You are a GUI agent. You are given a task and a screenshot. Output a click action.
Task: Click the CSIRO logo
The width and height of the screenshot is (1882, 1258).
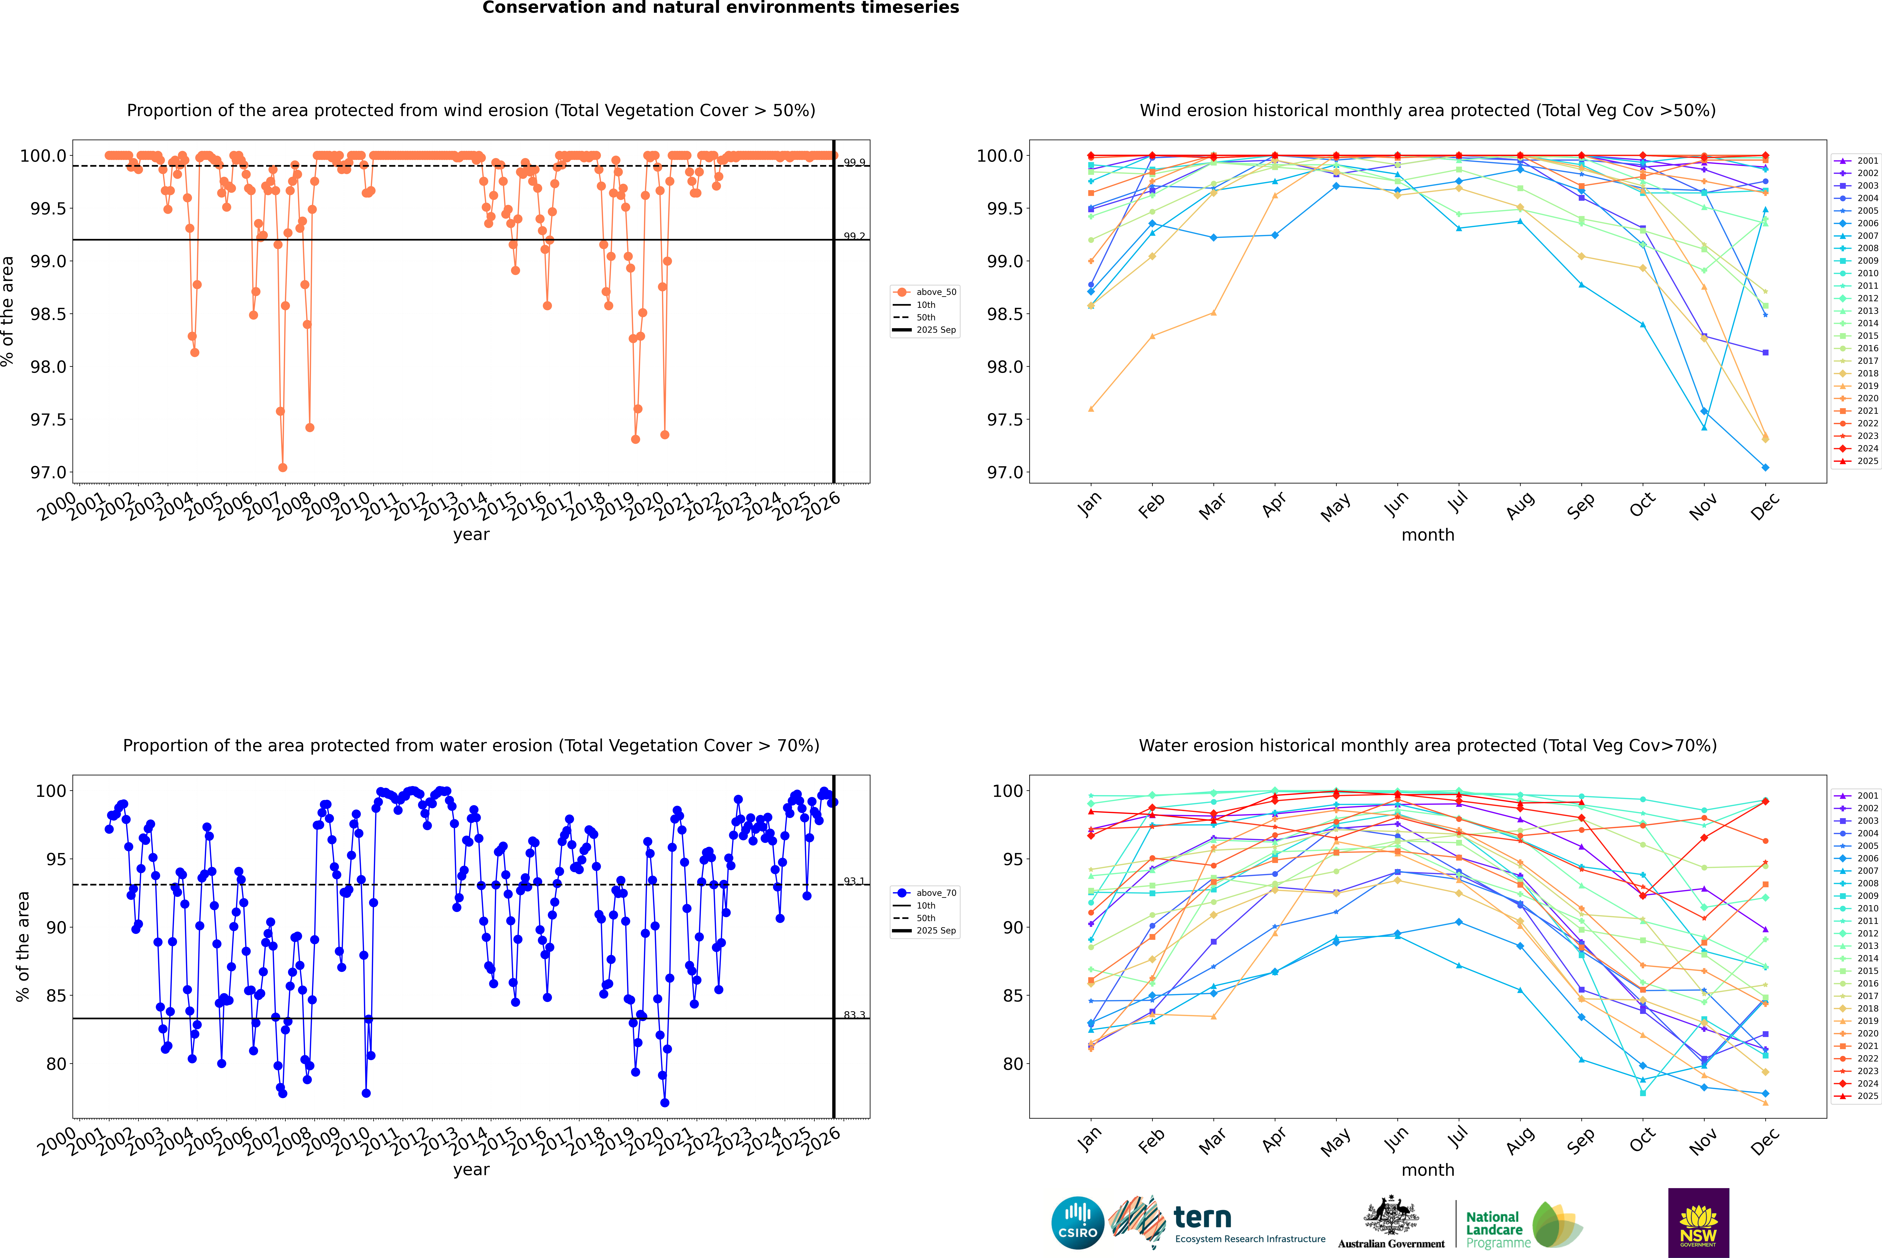click(x=1077, y=1223)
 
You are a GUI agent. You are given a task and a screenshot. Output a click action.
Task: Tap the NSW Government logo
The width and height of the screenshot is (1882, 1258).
click(x=1698, y=1223)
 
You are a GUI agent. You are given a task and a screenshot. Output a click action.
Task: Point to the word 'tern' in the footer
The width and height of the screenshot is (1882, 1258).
click(x=1202, y=1217)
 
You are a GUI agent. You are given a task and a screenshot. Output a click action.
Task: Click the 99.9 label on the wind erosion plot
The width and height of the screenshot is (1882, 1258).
click(x=854, y=163)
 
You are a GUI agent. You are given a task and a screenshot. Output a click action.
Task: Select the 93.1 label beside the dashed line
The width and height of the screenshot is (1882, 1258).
click(x=854, y=882)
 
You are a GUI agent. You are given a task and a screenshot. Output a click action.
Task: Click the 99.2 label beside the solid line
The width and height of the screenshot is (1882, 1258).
click(x=854, y=237)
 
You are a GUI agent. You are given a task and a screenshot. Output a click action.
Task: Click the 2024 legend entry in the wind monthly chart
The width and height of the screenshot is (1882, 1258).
click(x=1867, y=448)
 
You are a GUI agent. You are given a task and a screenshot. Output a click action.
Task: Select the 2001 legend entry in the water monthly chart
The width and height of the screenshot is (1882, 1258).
click(x=1867, y=796)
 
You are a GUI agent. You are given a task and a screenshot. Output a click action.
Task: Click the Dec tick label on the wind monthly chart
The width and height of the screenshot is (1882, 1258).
click(x=1765, y=506)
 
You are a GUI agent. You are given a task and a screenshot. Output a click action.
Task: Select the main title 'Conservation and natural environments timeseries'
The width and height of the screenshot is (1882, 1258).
click(x=720, y=8)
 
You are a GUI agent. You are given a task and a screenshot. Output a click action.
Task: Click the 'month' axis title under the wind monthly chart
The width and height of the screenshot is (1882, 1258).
click(x=1427, y=535)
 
